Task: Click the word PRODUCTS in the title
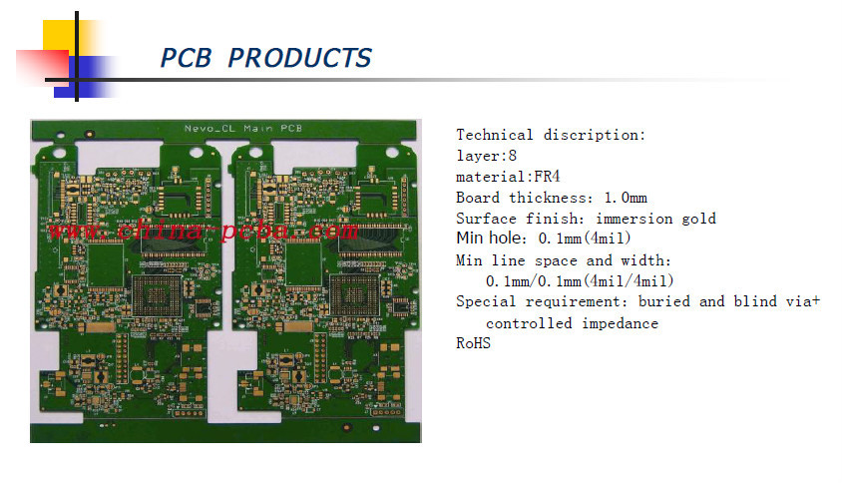[x=299, y=58]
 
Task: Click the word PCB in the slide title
[x=187, y=58]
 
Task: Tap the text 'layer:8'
[x=487, y=156]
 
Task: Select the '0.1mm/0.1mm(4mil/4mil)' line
[x=580, y=280]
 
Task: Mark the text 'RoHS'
[x=473, y=343]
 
